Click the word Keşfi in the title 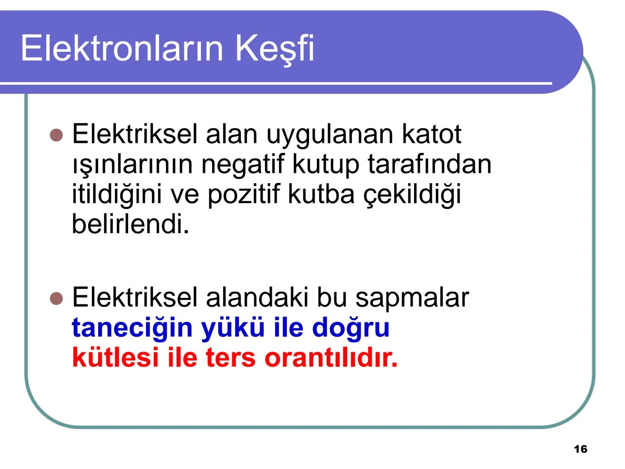coord(274,48)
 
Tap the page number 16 coord(580,449)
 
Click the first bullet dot coord(56,135)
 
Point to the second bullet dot coord(56,298)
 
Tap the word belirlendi coord(131,224)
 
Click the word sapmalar coord(412,297)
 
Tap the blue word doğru coord(351,328)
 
